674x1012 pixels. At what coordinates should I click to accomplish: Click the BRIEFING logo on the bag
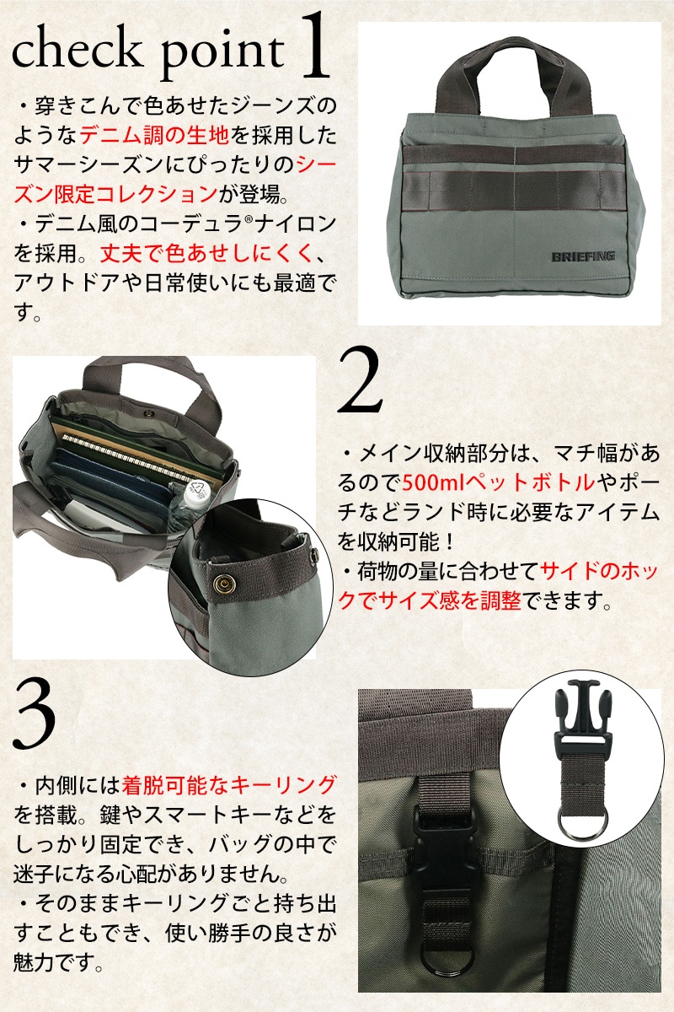583,256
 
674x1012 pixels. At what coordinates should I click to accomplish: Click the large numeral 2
360,380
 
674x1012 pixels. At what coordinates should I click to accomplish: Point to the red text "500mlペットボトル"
499,483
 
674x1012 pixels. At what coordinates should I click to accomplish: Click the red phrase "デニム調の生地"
154,135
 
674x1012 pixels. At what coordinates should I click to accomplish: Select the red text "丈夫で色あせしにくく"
206,254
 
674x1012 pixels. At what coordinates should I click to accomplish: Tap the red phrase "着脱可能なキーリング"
229,786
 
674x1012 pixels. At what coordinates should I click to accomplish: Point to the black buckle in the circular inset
581,716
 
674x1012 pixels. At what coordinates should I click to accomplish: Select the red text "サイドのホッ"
599,572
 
